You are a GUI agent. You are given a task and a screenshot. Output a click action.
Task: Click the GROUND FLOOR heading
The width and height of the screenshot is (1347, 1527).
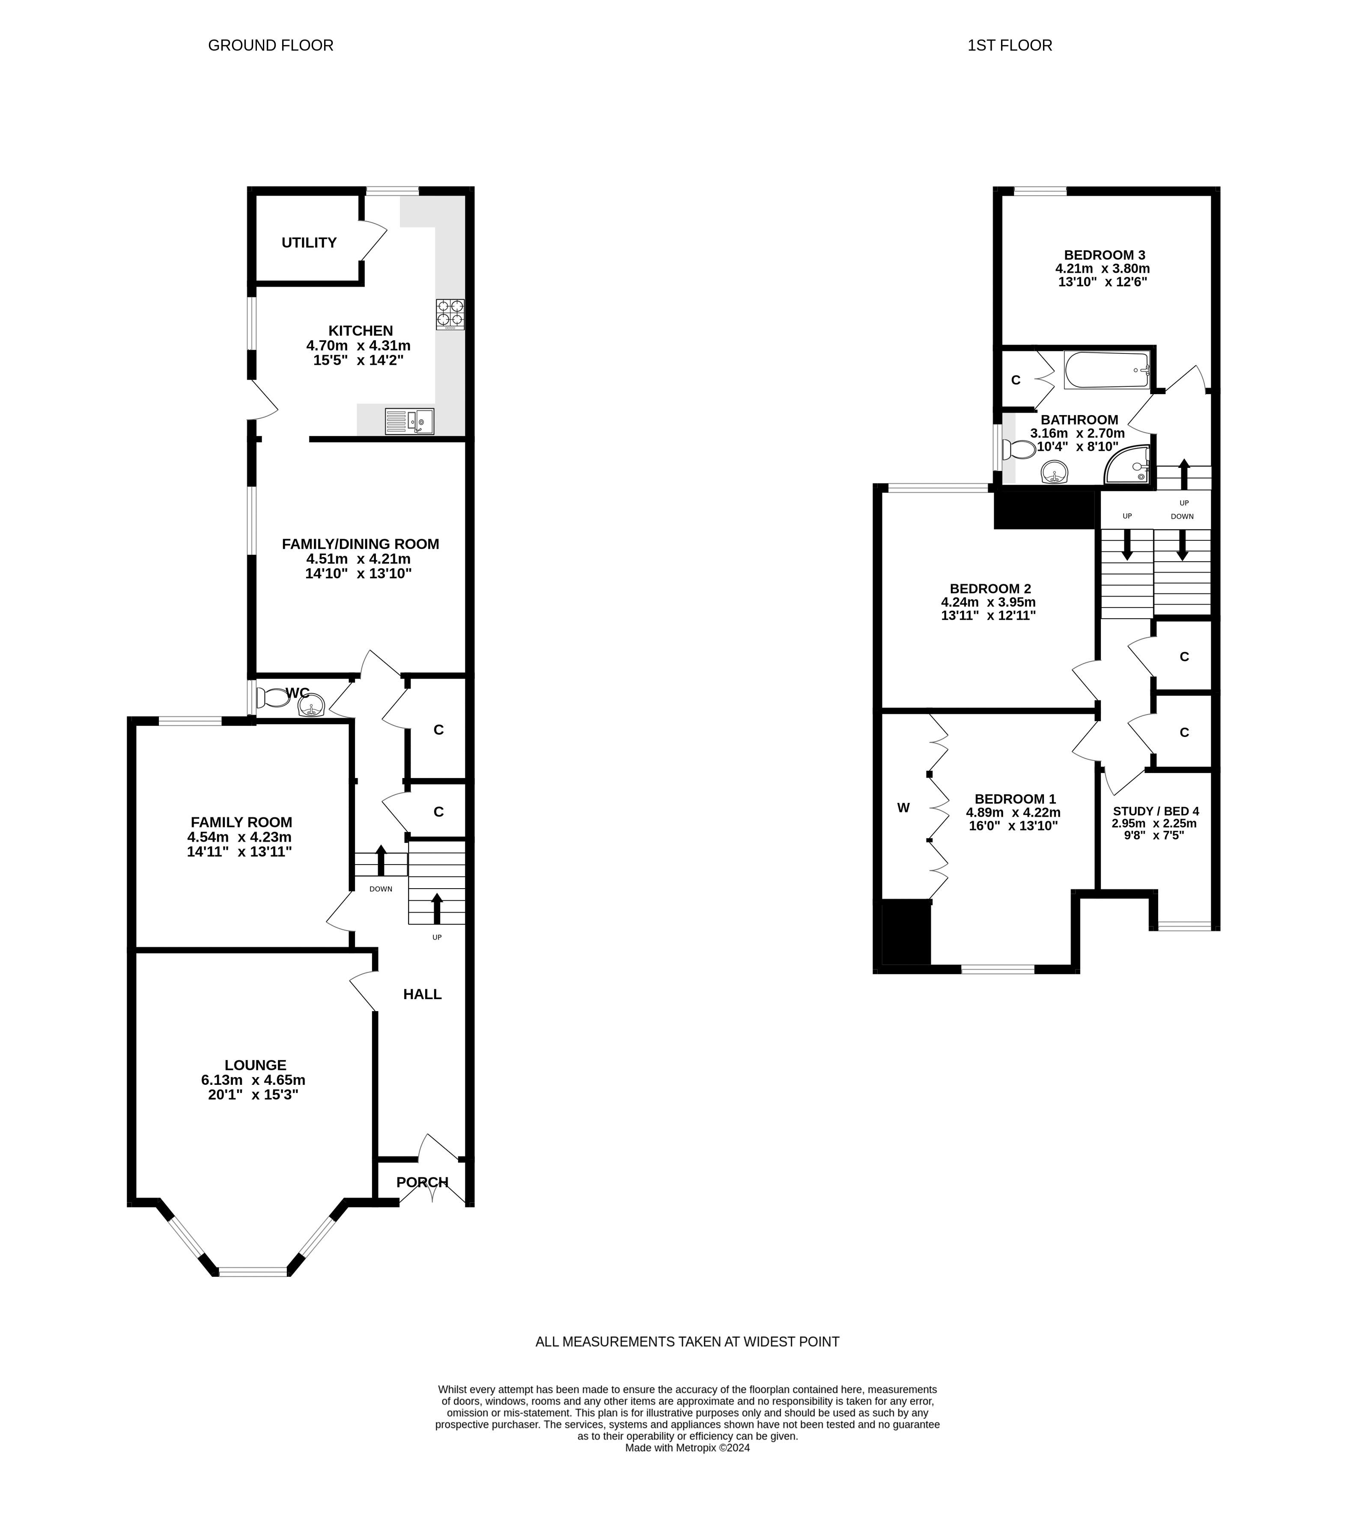270,45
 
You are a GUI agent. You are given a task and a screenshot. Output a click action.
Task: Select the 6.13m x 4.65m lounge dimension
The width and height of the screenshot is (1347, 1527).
253,1080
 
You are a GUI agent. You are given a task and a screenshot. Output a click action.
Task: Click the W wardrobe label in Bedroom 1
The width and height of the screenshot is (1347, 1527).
903,808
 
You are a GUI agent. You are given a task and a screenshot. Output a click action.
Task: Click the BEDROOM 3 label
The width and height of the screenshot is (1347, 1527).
1103,255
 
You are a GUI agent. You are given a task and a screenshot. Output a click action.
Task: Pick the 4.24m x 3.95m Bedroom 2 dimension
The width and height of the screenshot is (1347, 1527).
988,602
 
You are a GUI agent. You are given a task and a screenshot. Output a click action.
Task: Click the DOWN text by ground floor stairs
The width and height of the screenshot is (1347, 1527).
380,889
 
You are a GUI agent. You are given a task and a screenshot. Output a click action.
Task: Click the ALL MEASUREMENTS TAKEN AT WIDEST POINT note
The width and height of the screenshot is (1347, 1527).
687,1342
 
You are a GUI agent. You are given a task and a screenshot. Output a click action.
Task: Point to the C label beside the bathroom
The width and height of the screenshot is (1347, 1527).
1016,380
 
